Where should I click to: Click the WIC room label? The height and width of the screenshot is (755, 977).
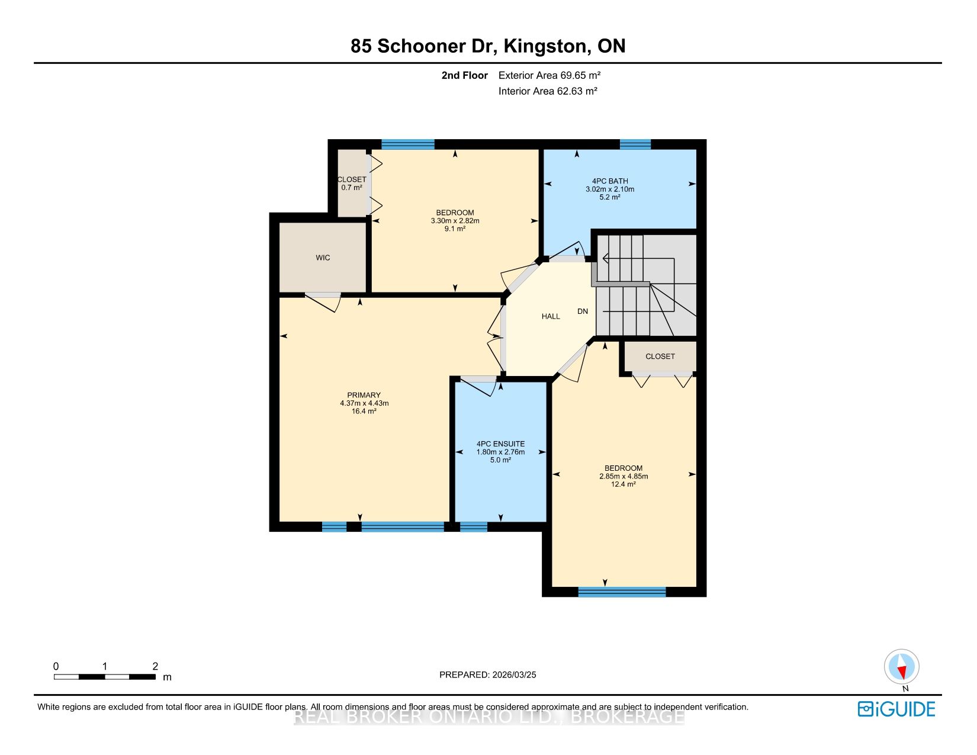(323, 258)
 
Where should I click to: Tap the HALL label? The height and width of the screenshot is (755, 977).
(551, 317)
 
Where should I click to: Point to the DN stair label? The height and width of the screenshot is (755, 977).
(583, 311)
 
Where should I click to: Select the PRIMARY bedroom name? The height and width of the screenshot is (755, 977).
(364, 395)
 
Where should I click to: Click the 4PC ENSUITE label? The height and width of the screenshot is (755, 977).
(501, 444)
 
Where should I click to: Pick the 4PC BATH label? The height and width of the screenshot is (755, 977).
(610, 181)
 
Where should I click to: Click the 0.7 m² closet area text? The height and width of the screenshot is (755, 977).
(352, 188)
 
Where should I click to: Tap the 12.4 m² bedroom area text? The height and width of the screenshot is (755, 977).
(623, 484)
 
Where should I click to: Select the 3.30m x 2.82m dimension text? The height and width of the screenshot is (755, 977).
(455, 221)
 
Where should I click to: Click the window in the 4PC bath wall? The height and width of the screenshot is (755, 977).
(635, 144)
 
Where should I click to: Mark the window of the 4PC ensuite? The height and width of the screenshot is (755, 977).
(474, 526)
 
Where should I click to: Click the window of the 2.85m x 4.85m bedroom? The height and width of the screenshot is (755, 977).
(622, 592)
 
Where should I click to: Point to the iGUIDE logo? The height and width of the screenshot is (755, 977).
(896, 709)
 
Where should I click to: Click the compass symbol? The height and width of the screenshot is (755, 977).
(902, 667)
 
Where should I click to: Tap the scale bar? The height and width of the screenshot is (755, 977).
(105, 677)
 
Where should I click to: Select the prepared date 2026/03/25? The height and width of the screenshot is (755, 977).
(514, 675)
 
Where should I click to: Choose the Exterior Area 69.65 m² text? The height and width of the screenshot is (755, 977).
(549, 75)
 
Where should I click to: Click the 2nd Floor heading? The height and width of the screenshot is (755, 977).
(464, 76)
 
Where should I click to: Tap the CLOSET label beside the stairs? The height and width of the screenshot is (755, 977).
(660, 356)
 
